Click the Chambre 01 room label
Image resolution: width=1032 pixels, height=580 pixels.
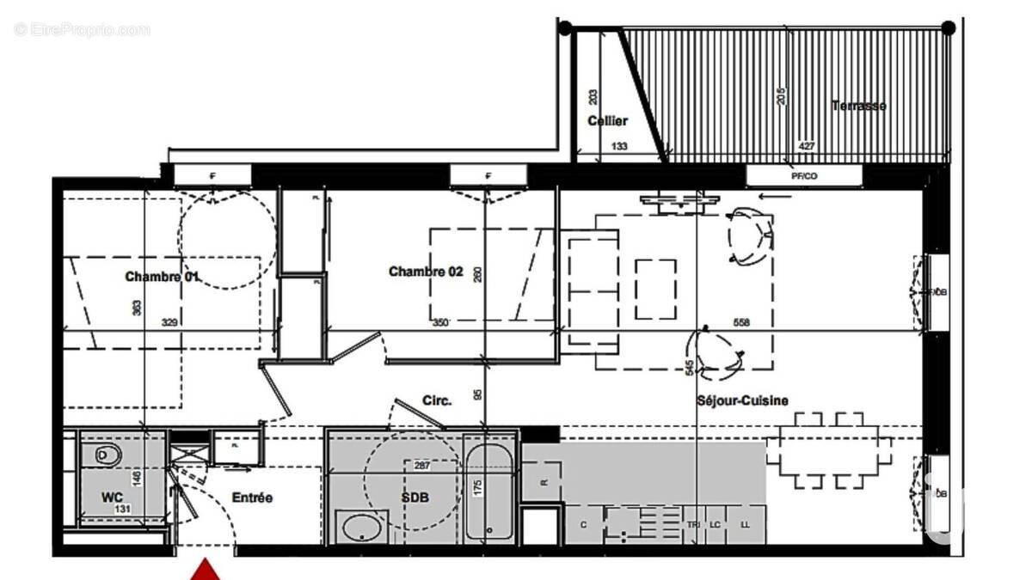[163, 277]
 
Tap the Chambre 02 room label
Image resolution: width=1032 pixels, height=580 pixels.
[426, 272]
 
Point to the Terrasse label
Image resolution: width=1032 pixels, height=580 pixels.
[858, 106]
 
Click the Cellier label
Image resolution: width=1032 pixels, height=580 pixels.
[607, 121]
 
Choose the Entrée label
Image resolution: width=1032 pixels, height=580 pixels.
[252, 498]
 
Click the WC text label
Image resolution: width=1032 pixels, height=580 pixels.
[112, 498]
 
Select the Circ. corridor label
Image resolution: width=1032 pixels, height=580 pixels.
[437, 400]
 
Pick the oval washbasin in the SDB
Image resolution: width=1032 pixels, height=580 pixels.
[362, 526]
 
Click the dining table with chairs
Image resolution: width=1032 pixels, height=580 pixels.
[828, 450]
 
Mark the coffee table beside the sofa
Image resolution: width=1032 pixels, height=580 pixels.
[655, 288]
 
